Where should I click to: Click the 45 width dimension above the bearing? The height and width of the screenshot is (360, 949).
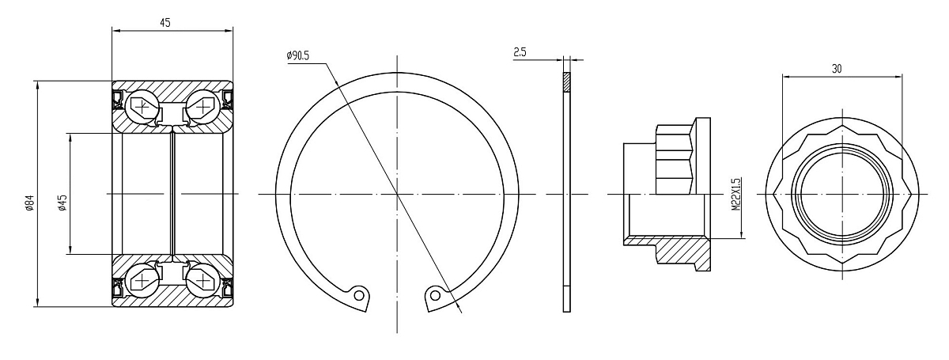[165, 22]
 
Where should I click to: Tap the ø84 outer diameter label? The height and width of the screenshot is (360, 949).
[30, 203]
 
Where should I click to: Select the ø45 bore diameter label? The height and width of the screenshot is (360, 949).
[62, 203]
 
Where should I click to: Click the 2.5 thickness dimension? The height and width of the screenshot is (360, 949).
[520, 52]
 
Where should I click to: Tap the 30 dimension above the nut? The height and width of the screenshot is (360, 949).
[837, 69]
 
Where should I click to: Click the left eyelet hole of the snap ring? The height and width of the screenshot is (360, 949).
[360, 294]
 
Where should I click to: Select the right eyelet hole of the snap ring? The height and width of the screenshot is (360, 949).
[434, 294]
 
